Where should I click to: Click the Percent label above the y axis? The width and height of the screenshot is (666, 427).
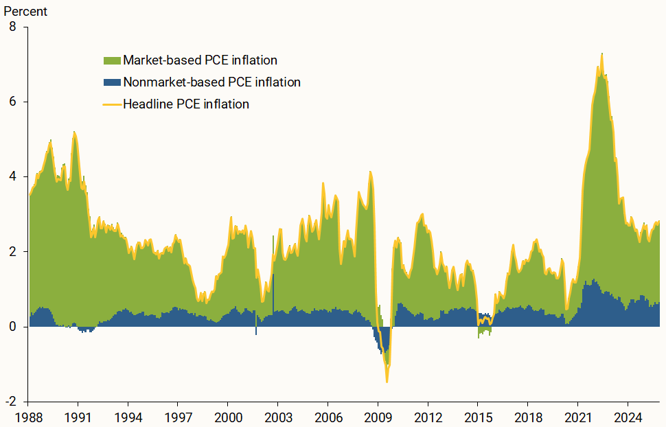coord(25,11)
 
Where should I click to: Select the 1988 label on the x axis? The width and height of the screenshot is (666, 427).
coord(27,416)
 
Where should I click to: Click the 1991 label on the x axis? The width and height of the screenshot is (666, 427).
coord(78,416)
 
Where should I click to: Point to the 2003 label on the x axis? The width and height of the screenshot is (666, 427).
coord(277,416)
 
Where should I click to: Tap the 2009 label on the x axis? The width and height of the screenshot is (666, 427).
coord(378,416)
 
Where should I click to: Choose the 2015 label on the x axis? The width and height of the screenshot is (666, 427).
coord(477,416)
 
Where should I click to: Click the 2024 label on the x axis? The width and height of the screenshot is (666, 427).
coord(628,416)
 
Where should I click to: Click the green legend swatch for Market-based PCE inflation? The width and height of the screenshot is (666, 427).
coord(112,60)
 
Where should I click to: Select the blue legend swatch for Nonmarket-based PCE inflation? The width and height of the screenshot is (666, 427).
coord(112,82)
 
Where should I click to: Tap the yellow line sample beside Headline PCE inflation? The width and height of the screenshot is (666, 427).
coord(112,104)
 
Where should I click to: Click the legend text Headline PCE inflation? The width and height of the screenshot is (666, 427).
coord(185,104)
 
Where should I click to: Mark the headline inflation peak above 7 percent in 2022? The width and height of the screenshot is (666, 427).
coord(601,54)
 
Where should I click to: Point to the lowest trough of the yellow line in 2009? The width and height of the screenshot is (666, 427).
coord(387,381)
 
